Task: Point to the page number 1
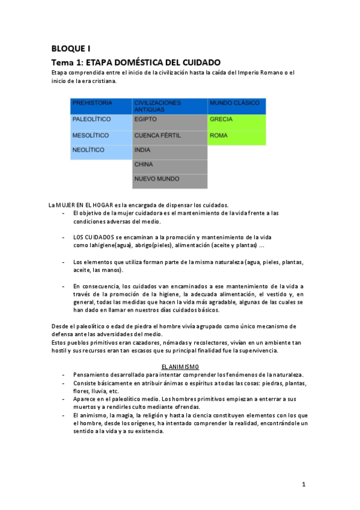(x=304, y=484)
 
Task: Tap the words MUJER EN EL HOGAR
(x=85, y=205)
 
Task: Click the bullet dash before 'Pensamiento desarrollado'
(x=64, y=375)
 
